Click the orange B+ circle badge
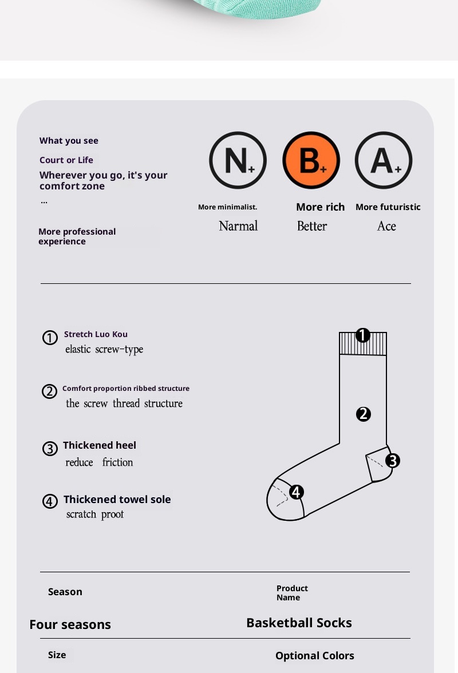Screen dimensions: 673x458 coord(311,160)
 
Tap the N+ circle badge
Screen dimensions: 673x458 coord(238,160)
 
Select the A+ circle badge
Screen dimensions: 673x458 coord(384,160)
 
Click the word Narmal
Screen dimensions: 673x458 coord(238,226)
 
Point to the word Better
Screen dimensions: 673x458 coord(312,226)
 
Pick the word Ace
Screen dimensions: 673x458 coord(386,226)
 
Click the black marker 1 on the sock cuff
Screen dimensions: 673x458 coord(363,335)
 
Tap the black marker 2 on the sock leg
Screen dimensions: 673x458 coord(364,414)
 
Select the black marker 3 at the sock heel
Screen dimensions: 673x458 coord(393,461)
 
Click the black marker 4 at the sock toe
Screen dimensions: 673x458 coord(297,492)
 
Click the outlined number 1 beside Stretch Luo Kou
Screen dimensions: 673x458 coord(50,338)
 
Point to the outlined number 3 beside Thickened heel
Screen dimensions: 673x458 coord(50,449)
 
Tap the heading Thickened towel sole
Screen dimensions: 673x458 coord(117,500)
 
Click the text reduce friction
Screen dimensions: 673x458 coord(99,462)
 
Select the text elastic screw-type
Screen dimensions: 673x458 coord(104,349)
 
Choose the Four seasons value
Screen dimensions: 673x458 coord(70,624)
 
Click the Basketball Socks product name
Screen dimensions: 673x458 coord(299,623)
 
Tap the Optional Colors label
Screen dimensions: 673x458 coord(315,656)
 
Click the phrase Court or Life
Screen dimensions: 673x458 coord(66,160)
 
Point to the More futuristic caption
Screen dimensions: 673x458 coord(388,207)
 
